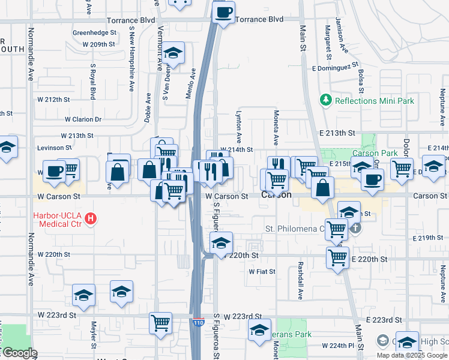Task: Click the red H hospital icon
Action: point(91,219)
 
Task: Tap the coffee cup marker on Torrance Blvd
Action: point(223,12)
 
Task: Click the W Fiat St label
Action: point(262,271)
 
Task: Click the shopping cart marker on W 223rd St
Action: point(160,323)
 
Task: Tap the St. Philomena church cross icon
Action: point(355,228)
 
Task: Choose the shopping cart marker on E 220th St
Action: point(338,257)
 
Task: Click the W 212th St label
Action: point(53,99)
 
